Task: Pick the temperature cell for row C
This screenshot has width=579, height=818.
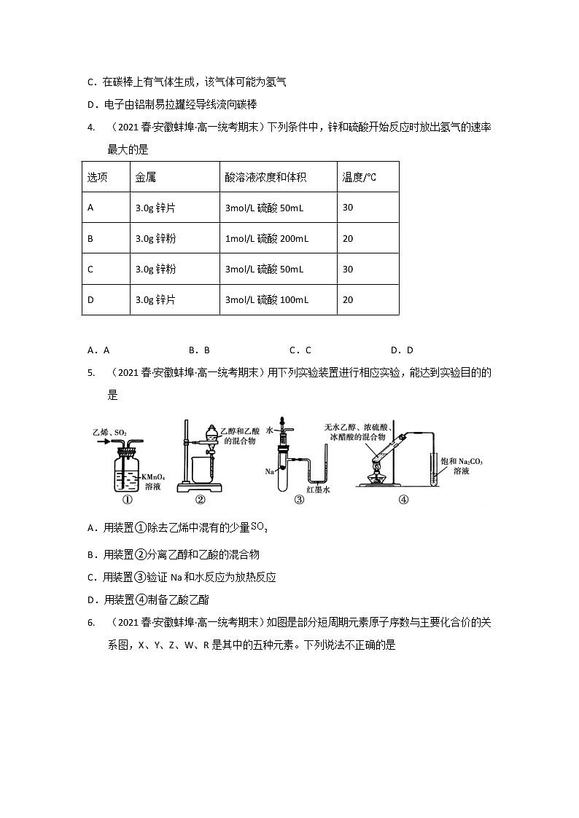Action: pyautogui.click(x=348, y=269)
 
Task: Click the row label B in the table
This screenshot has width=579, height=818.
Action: pyautogui.click(x=90, y=238)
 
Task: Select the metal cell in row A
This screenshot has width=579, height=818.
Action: pyautogui.click(x=155, y=208)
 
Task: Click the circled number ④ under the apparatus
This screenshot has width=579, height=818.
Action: pyautogui.click(x=403, y=500)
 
